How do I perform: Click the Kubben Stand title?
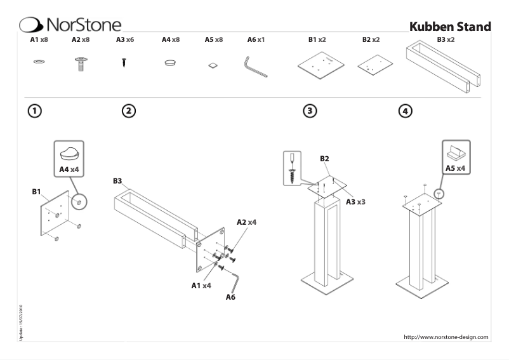(x=450, y=27)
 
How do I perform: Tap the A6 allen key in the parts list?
(x=256, y=66)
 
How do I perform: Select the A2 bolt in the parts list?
(x=81, y=63)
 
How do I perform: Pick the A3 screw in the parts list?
(x=124, y=63)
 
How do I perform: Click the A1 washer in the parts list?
(x=38, y=62)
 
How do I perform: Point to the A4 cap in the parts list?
(x=171, y=63)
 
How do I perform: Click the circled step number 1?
(x=36, y=110)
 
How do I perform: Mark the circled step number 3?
(x=309, y=110)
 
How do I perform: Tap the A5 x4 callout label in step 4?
(x=455, y=168)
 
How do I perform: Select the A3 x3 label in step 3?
(x=355, y=201)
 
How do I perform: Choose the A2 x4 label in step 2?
(x=246, y=222)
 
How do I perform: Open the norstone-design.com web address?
(x=446, y=337)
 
